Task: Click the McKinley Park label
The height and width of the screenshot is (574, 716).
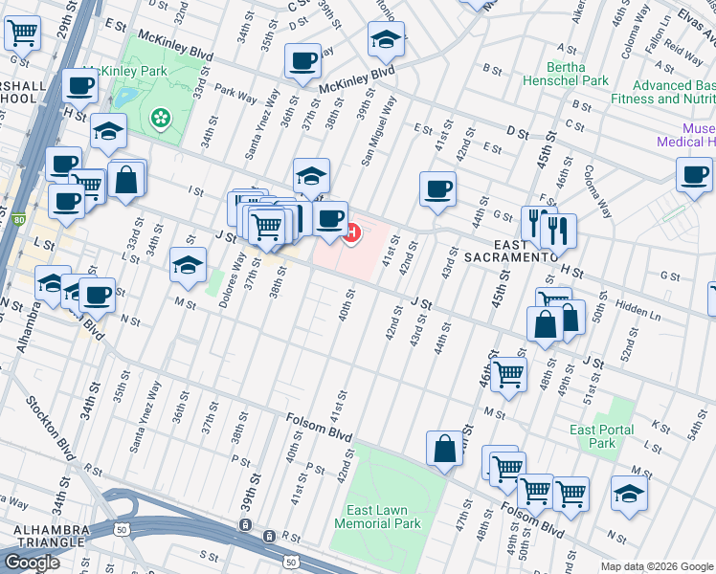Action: pyautogui.click(x=126, y=71)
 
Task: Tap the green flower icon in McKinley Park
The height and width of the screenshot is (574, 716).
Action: pyautogui.click(x=161, y=119)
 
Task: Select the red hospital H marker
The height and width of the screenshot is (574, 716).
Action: pyautogui.click(x=351, y=232)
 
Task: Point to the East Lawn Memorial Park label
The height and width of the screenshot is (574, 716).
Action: pyautogui.click(x=377, y=517)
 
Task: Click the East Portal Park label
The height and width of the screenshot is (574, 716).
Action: pyautogui.click(x=602, y=436)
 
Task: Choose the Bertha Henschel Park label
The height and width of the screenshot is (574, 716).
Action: pyautogui.click(x=577, y=75)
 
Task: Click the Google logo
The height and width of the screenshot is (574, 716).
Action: pyautogui.click(x=32, y=563)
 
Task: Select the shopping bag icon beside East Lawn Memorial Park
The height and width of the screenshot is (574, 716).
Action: pyautogui.click(x=445, y=449)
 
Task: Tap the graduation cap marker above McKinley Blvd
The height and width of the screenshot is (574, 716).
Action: pyautogui.click(x=386, y=39)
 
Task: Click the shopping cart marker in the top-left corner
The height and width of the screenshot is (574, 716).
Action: pyautogui.click(x=21, y=33)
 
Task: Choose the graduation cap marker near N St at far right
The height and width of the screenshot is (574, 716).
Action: pyautogui.click(x=629, y=494)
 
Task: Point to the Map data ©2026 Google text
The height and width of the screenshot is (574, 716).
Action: pyautogui.click(x=657, y=566)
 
